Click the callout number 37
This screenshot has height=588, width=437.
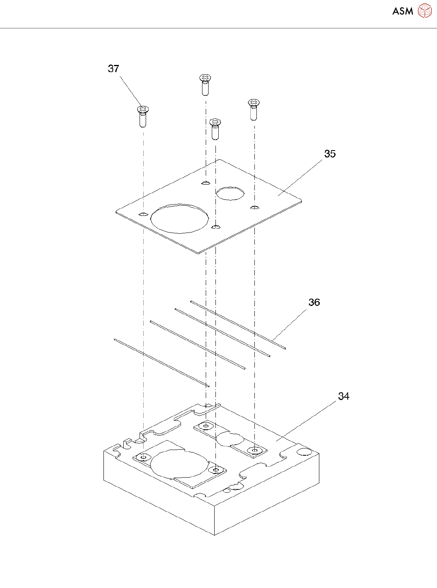point(114,69)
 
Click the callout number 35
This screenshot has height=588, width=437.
point(330,154)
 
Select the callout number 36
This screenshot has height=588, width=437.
point(314,302)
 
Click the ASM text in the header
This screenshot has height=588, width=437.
point(403,11)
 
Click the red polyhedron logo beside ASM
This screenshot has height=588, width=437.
point(425,11)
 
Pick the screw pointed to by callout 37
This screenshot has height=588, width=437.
point(143,116)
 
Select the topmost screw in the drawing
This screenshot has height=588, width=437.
point(205,85)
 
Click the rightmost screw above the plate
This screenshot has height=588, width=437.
point(254,110)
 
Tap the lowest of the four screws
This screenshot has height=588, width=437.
point(215,129)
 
